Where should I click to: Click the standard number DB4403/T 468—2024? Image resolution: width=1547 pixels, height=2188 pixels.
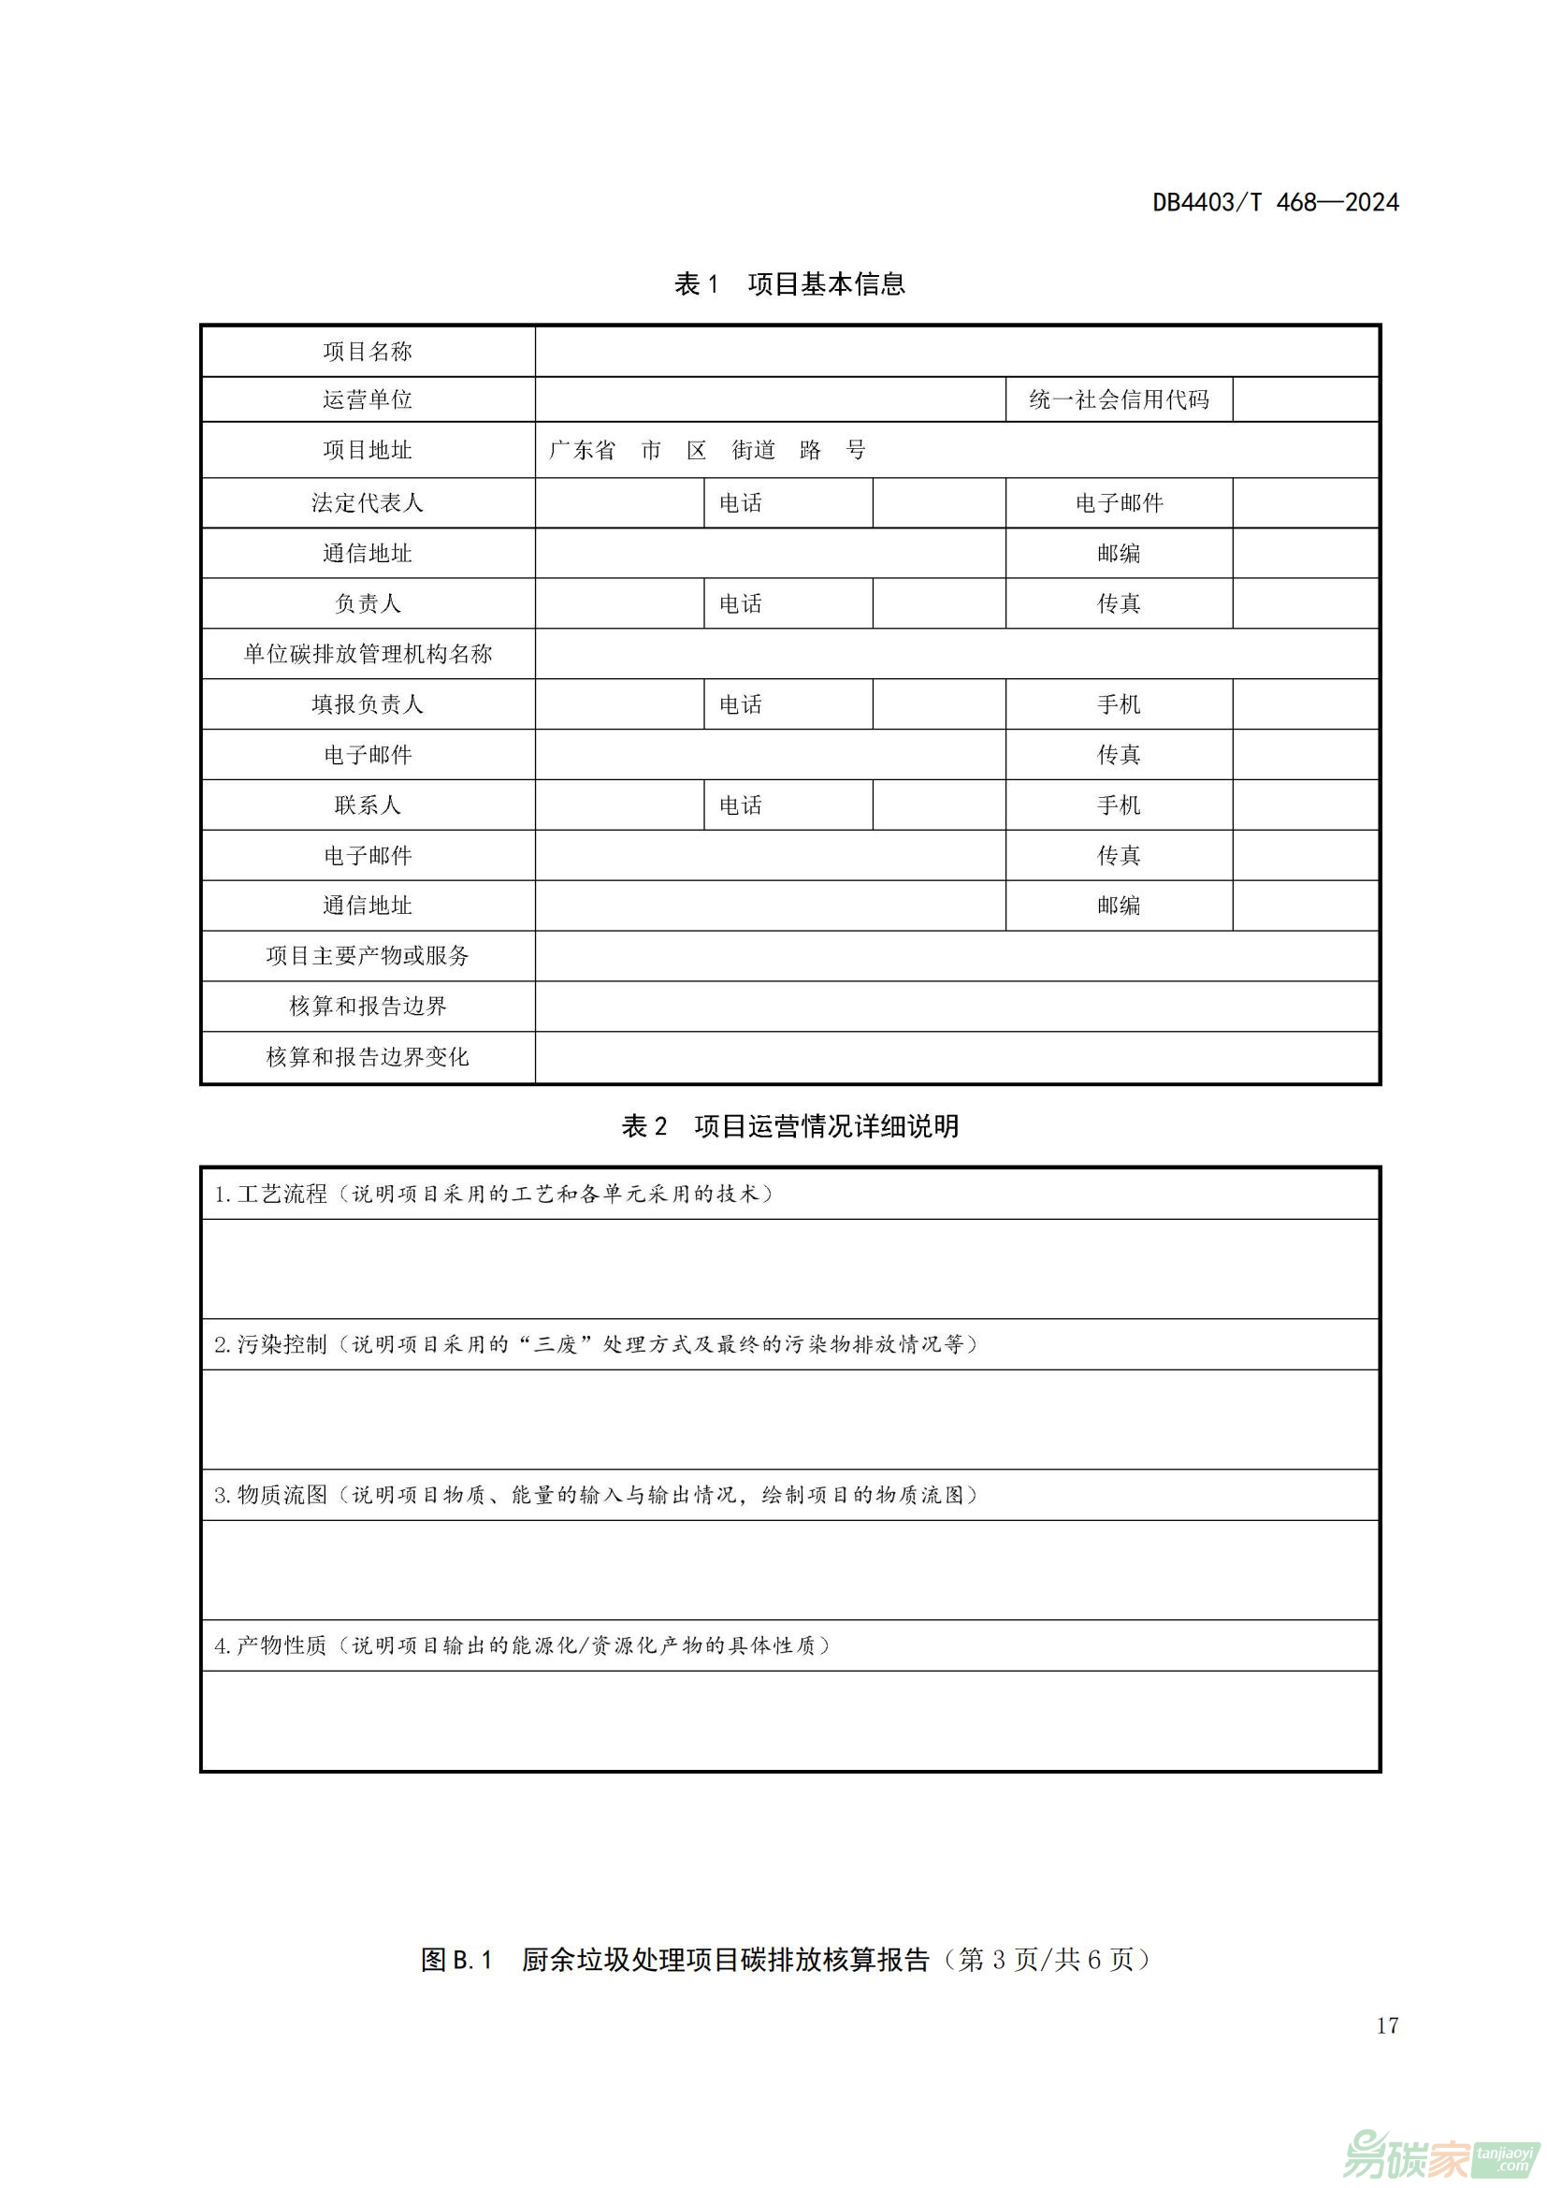(x=1275, y=202)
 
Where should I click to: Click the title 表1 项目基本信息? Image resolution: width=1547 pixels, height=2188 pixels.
(x=788, y=284)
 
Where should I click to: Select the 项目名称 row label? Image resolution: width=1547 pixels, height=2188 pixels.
(x=367, y=352)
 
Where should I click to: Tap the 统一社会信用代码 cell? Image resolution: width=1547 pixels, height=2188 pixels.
(x=1119, y=399)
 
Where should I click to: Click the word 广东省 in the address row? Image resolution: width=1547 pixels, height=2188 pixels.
(x=582, y=450)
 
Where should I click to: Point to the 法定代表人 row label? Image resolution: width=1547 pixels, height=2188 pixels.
(x=367, y=502)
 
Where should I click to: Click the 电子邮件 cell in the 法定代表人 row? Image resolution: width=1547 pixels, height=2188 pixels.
(x=1119, y=502)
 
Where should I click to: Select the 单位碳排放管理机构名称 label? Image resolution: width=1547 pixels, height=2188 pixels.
(x=367, y=654)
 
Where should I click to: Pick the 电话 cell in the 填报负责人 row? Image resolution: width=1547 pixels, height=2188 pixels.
(x=740, y=704)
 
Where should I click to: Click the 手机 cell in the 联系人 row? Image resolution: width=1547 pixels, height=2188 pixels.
(x=1119, y=805)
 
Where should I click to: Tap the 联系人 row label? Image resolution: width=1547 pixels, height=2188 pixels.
(x=367, y=805)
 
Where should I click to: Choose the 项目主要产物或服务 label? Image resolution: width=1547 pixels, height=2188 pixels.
(x=367, y=956)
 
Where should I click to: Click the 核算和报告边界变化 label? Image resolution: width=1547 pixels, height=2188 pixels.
(x=367, y=1057)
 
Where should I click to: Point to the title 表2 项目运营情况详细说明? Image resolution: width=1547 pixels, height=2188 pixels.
(x=788, y=1126)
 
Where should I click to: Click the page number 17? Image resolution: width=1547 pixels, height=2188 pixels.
(x=1387, y=2026)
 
